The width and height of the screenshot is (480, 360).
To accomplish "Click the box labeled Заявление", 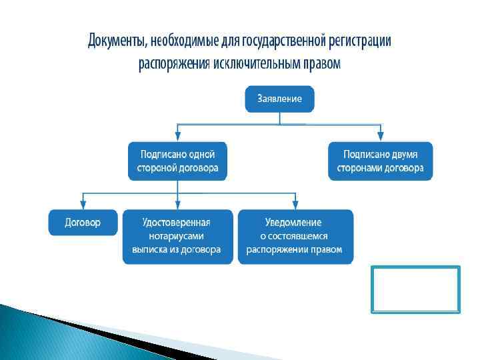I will (x=279, y=99).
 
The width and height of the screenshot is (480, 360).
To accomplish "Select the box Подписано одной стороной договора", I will (x=177, y=161).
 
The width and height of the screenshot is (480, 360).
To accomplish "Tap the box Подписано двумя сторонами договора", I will (x=380, y=161).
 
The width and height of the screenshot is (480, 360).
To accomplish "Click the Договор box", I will (x=83, y=223).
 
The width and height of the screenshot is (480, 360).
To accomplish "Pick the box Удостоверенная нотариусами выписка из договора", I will (x=177, y=237).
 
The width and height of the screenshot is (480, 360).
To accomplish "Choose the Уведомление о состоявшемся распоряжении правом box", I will (x=295, y=237).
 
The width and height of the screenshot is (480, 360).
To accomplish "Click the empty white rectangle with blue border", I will (x=416, y=289).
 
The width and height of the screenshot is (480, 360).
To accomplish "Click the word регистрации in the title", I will (x=360, y=41).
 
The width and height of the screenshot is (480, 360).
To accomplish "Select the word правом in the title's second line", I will (x=323, y=64).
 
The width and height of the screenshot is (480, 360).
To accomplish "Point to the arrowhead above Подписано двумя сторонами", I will (x=380, y=137).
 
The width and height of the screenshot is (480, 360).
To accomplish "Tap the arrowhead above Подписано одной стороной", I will (x=177, y=137).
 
